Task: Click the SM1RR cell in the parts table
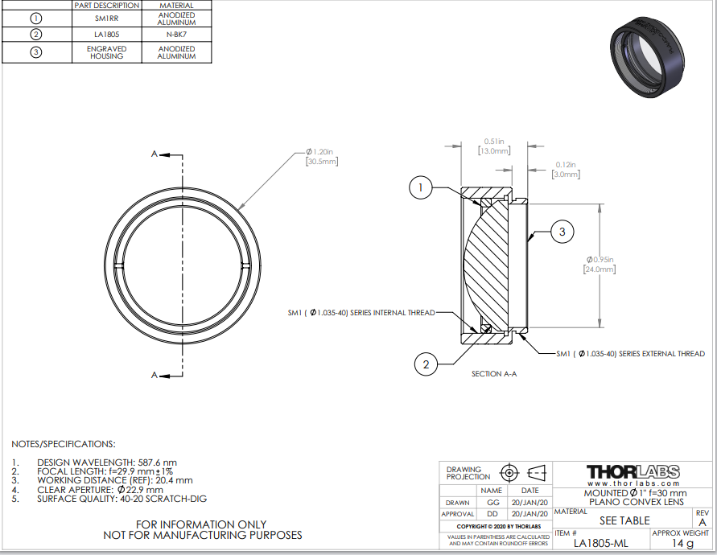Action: coord(106,18)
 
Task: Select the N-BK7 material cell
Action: coord(176,35)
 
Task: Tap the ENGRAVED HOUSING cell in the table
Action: coord(106,52)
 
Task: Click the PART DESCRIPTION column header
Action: coord(106,6)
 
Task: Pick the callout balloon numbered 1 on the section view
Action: coord(420,187)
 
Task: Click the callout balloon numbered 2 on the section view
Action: coord(426,364)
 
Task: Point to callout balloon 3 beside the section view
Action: coord(562,232)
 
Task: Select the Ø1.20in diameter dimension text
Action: coord(322,156)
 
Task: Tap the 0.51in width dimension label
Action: coord(494,146)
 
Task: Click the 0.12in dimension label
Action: coord(566,170)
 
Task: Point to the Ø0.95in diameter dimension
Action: coord(600,265)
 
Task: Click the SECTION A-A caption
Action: coord(494,374)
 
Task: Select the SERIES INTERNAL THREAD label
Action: coord(393,313)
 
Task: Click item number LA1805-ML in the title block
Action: coord(601,543)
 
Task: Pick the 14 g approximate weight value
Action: coord(682,543)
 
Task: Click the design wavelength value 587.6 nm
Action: coord(157,462)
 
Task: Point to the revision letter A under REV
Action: coord(703,522)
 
